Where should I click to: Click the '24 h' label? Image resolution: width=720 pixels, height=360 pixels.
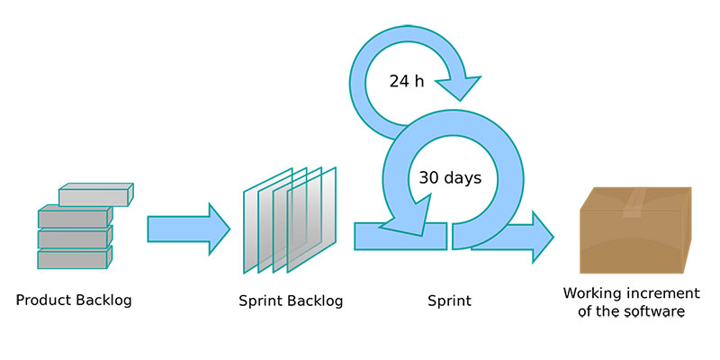coord(407,81)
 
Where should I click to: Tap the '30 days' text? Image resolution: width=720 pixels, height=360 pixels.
coord(450,177)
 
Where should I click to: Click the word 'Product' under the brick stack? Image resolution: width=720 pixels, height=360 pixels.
coord(43,301)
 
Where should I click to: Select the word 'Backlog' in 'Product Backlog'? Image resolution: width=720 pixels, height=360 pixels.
coord(103,301)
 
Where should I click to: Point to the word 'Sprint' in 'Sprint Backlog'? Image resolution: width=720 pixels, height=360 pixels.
coord(261,301)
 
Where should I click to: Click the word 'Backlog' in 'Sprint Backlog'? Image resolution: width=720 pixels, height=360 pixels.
coord(315,301)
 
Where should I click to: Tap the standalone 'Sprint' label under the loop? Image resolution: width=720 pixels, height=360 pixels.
coord(449,301)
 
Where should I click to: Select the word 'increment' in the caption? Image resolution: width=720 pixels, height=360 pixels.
coord(661,293)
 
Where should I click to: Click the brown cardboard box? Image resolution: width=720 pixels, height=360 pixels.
coord(635,230)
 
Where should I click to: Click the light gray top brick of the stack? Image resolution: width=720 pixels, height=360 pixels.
coord(96,194)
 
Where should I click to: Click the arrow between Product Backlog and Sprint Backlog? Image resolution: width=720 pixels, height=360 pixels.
coord(188,229)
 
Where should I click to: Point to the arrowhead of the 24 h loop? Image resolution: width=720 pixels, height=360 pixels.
coord(459,87)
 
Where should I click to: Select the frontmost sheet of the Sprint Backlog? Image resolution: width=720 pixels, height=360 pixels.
coord(311,220)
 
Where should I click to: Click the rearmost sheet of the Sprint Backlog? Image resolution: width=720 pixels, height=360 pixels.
coord(267,220)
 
